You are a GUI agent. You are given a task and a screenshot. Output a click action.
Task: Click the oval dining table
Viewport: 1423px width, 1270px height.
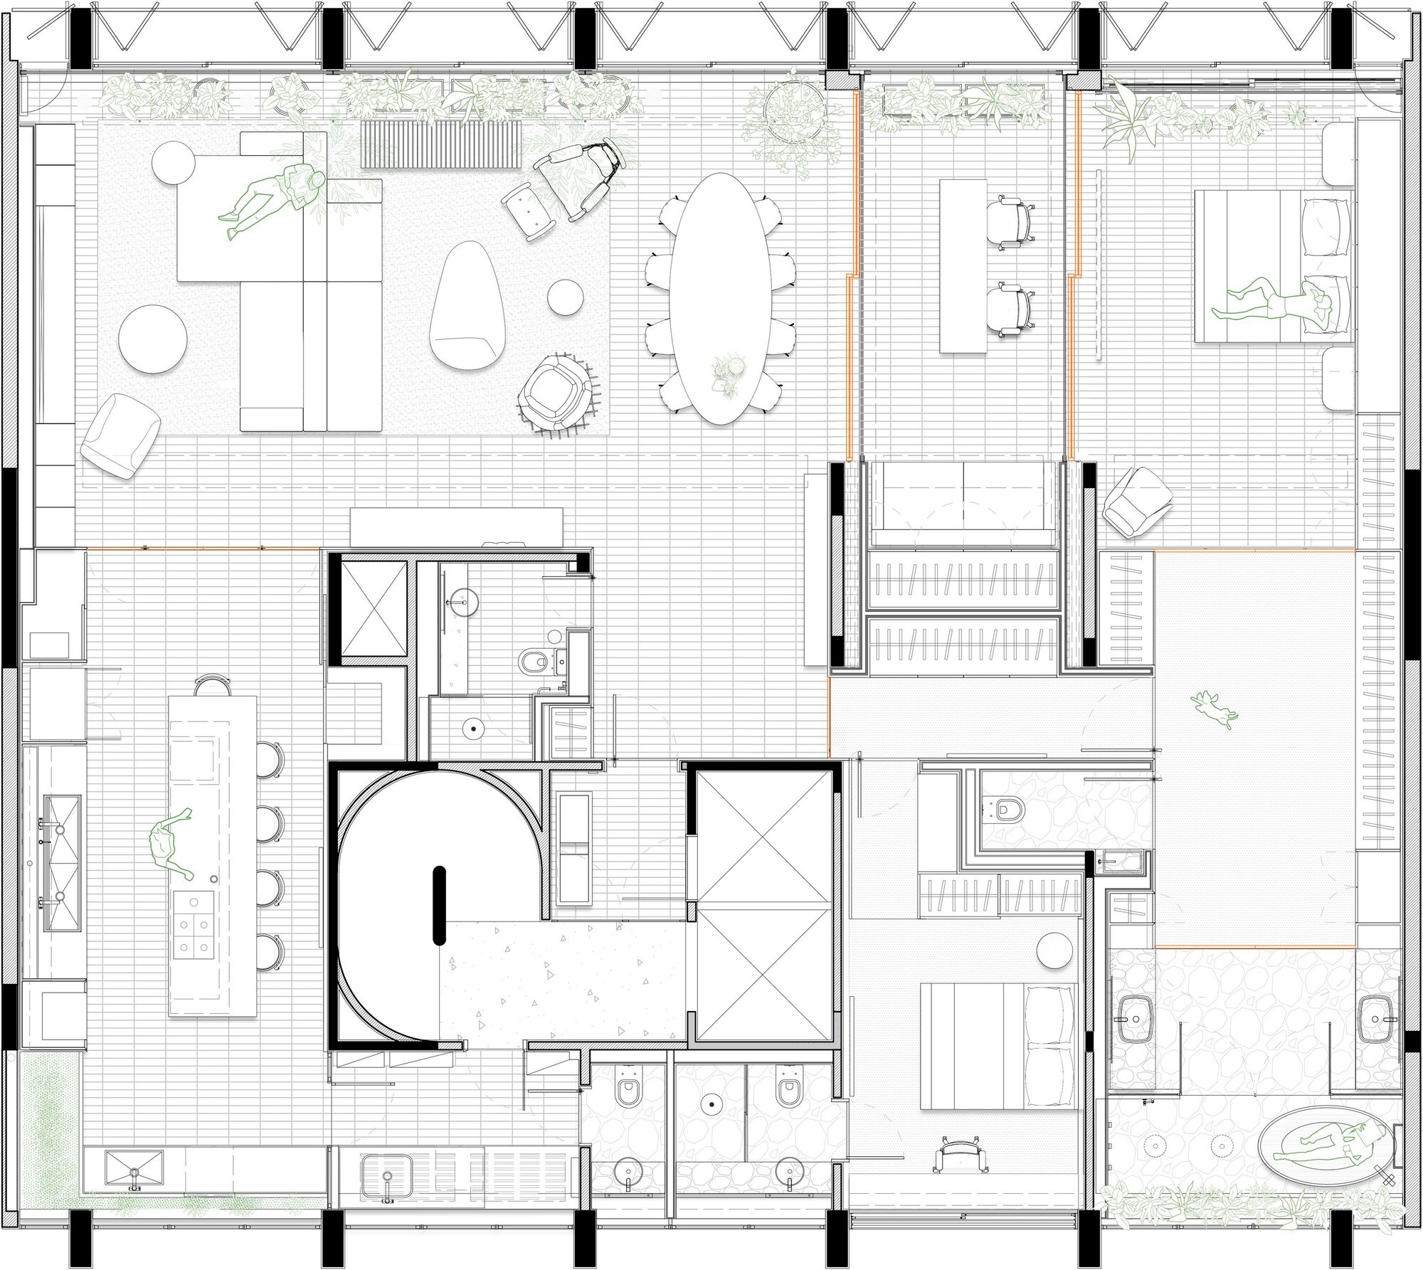719,299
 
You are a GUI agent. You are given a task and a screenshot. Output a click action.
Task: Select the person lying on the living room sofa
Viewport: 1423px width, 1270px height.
273,199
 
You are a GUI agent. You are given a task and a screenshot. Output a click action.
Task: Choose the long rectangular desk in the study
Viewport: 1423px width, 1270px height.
964,265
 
